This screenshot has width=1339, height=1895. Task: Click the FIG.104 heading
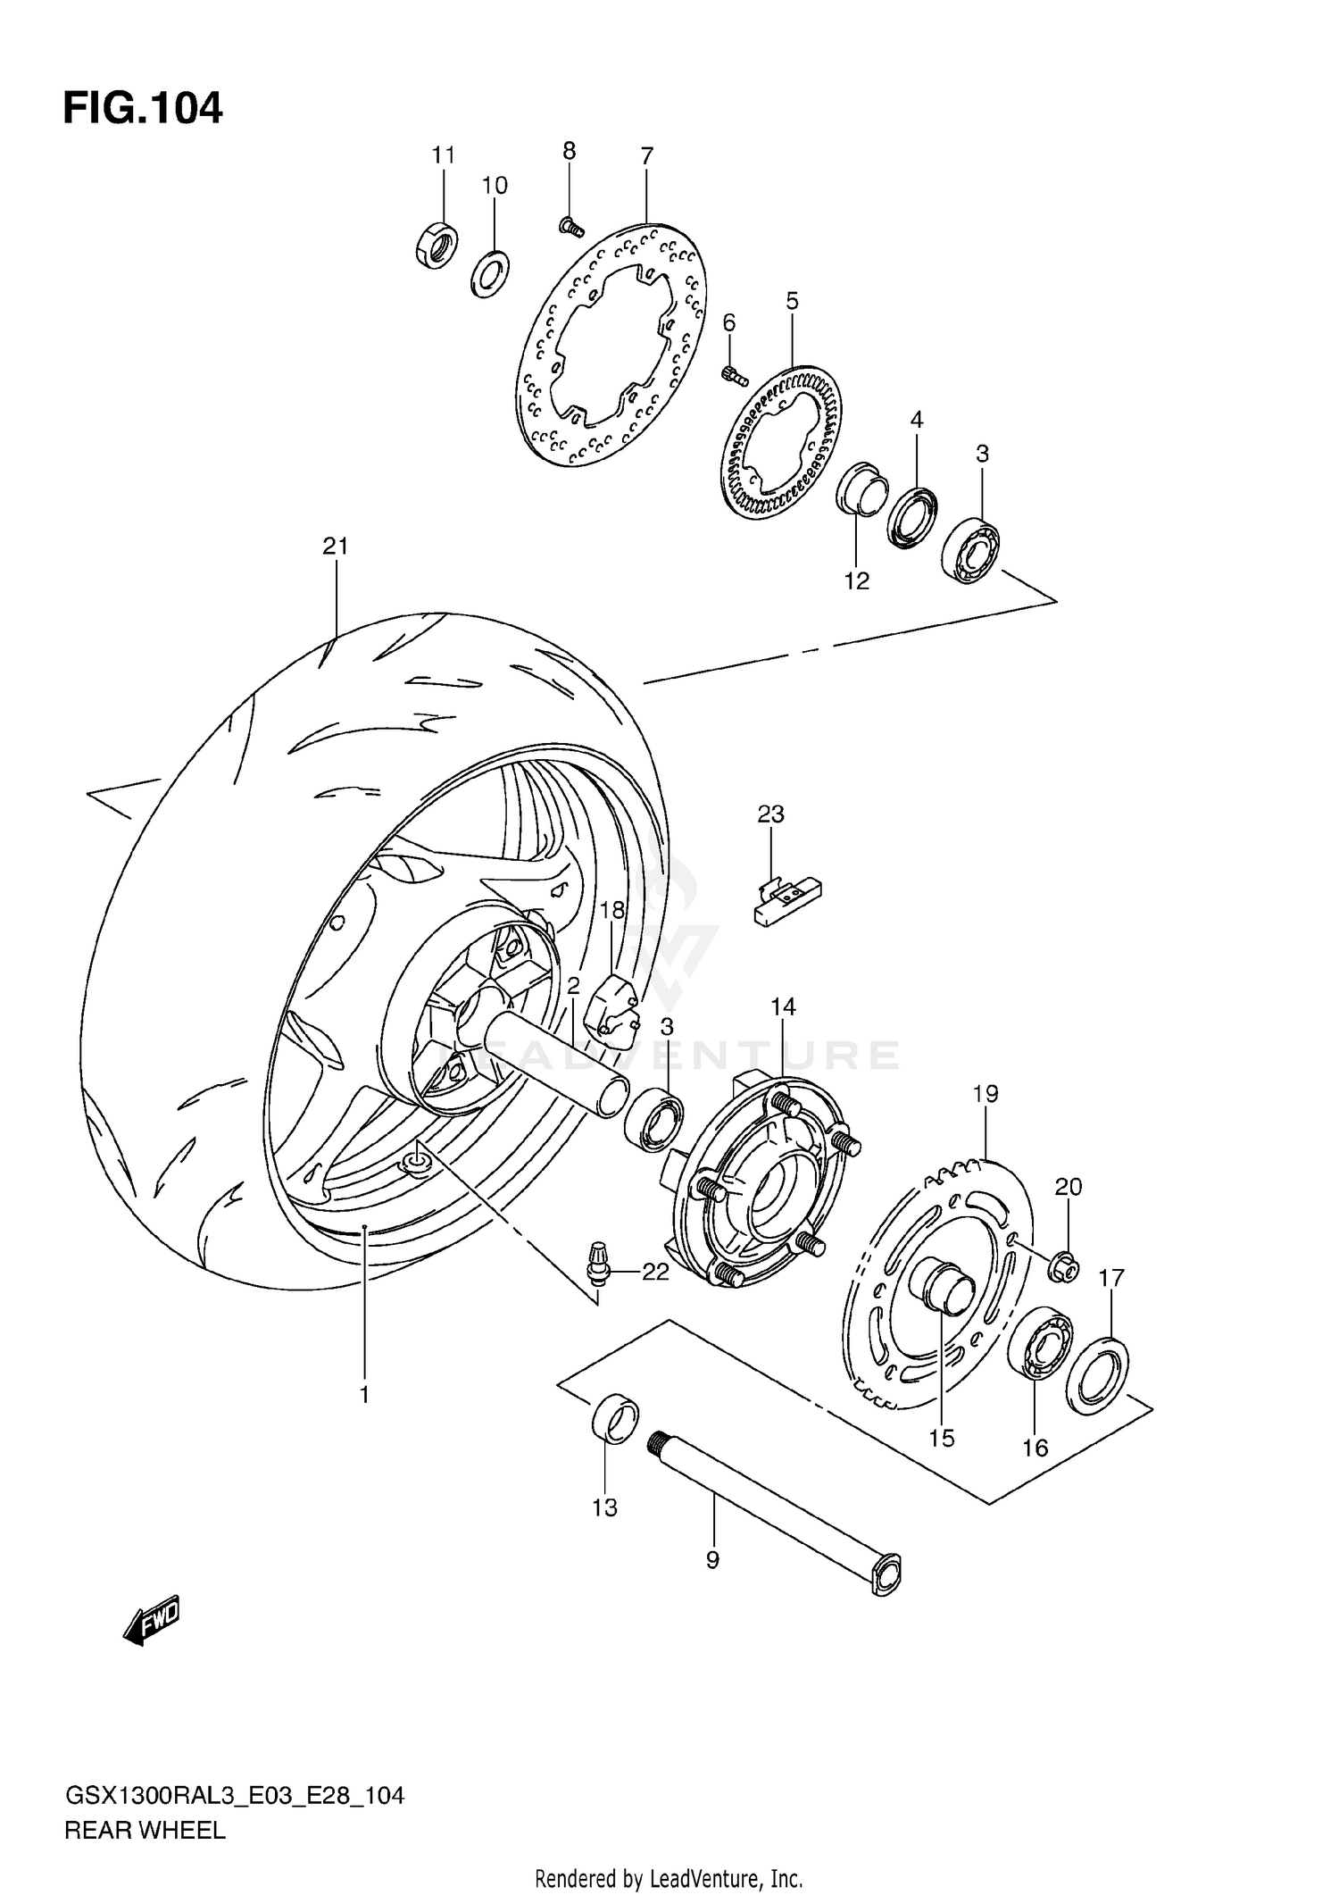tap(143, 108)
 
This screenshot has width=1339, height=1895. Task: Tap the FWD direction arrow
tap(153, 1619)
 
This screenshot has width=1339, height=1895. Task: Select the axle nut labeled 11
tap(437, 244)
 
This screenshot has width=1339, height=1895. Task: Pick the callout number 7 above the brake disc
tap(647, 156)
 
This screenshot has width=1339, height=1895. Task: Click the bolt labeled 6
tap(734, 375)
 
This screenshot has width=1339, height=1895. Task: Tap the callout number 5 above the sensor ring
tap(792, 302)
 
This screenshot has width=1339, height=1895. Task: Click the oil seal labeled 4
tap(912, 516)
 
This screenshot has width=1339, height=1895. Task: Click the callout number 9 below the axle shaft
tap(712, 1561)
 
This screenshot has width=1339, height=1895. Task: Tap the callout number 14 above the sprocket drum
tap(783, 1007)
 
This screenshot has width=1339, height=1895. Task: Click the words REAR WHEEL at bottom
tap(145, 1831)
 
